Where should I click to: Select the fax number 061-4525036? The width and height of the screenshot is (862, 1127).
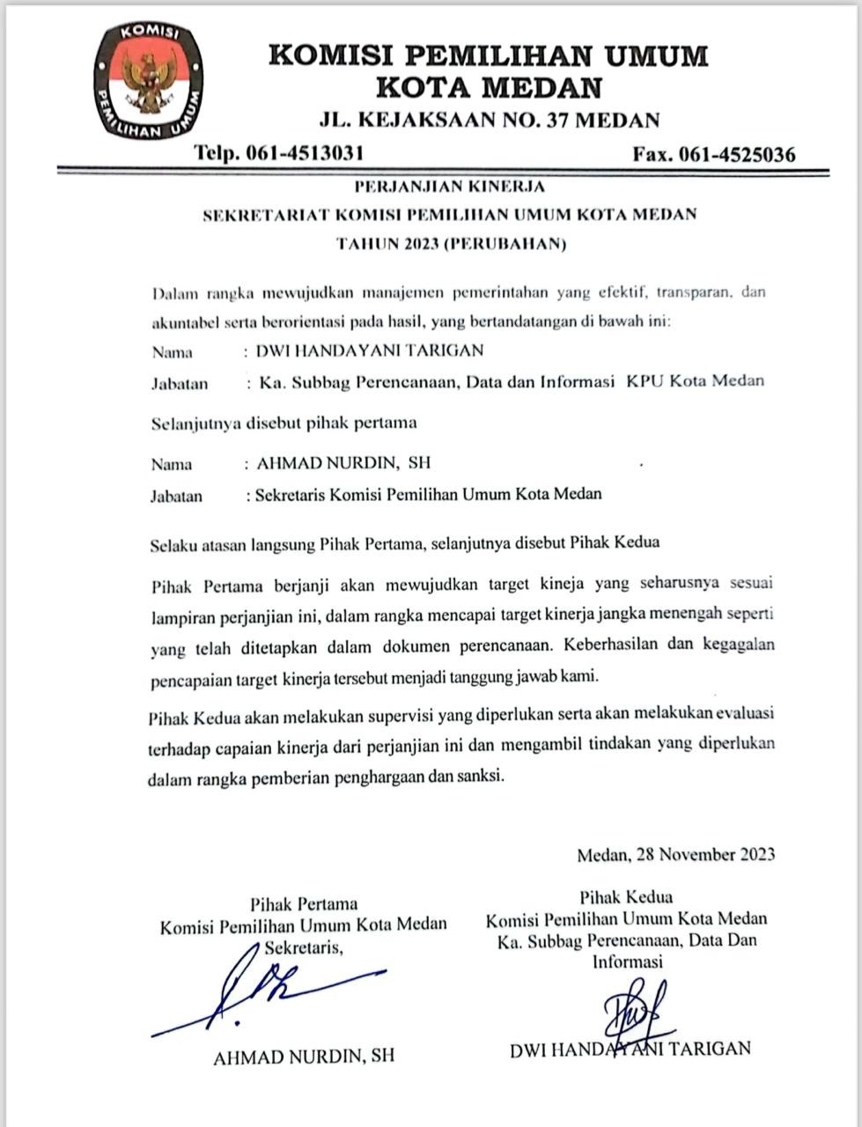[x=738, y=155]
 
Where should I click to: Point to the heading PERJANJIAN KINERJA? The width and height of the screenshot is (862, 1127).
[x=449, y=187]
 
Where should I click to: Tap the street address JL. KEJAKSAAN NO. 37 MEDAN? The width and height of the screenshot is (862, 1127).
[x=489, y=121]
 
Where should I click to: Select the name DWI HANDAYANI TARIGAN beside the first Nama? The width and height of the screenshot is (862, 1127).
[x=370, y=350]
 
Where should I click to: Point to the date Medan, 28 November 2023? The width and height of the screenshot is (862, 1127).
[x=675, y=854]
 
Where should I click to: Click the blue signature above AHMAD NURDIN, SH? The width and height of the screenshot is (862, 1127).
[x=264, y=991]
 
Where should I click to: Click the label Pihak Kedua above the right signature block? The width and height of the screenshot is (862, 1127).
[x=626, y=898]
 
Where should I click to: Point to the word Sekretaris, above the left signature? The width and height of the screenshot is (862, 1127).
[x=304, y=947]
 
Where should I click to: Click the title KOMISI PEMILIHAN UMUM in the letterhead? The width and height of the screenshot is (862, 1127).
[x=488, y=56]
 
